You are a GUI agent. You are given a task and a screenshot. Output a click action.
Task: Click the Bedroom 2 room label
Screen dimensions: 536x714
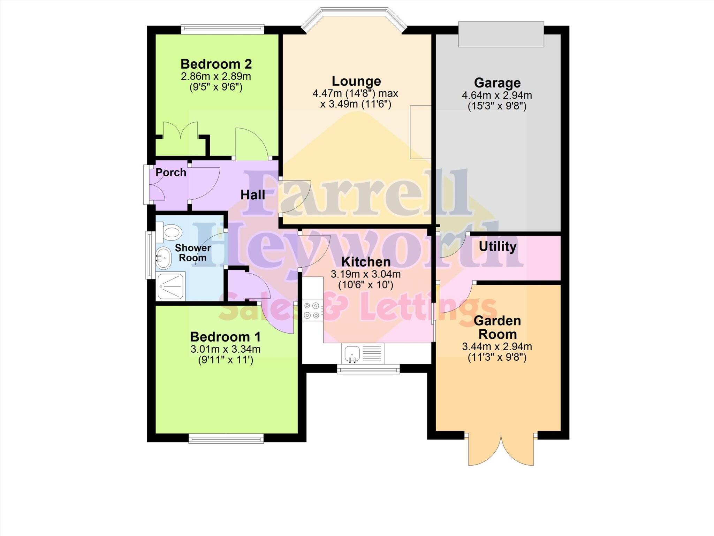point(216,64)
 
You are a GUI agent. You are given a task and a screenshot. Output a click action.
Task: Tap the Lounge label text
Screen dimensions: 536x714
point(356,81)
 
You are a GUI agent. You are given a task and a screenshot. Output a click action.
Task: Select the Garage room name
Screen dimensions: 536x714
point(497,83)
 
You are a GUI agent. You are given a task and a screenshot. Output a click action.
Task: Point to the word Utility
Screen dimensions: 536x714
point(497,246)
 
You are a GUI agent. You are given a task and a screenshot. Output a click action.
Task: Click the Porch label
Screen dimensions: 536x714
point(171,173)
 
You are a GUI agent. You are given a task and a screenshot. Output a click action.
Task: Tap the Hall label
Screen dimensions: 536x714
point(253,195)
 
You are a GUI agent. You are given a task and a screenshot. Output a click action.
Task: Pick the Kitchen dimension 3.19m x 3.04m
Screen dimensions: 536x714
point(366,274)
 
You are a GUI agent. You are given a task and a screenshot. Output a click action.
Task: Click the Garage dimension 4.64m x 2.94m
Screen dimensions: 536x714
point(497,95)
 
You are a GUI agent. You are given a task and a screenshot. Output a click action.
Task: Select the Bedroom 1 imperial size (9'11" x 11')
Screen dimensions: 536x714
point(226,360)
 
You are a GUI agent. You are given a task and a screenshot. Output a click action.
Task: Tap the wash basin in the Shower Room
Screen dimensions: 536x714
point(163,258)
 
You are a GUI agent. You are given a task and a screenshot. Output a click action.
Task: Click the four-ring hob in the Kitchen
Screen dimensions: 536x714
point(312,311)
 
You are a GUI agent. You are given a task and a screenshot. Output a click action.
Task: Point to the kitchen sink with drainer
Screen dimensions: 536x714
point(362,353)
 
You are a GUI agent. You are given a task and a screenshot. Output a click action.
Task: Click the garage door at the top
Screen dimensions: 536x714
point(501,34)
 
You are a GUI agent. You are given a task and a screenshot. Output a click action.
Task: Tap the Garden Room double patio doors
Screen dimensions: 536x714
point(501,450)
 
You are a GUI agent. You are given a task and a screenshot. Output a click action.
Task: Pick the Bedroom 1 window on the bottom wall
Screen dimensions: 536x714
point(226,439)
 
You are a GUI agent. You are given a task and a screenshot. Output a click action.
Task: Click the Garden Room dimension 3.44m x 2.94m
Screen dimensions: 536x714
point(497,347)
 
